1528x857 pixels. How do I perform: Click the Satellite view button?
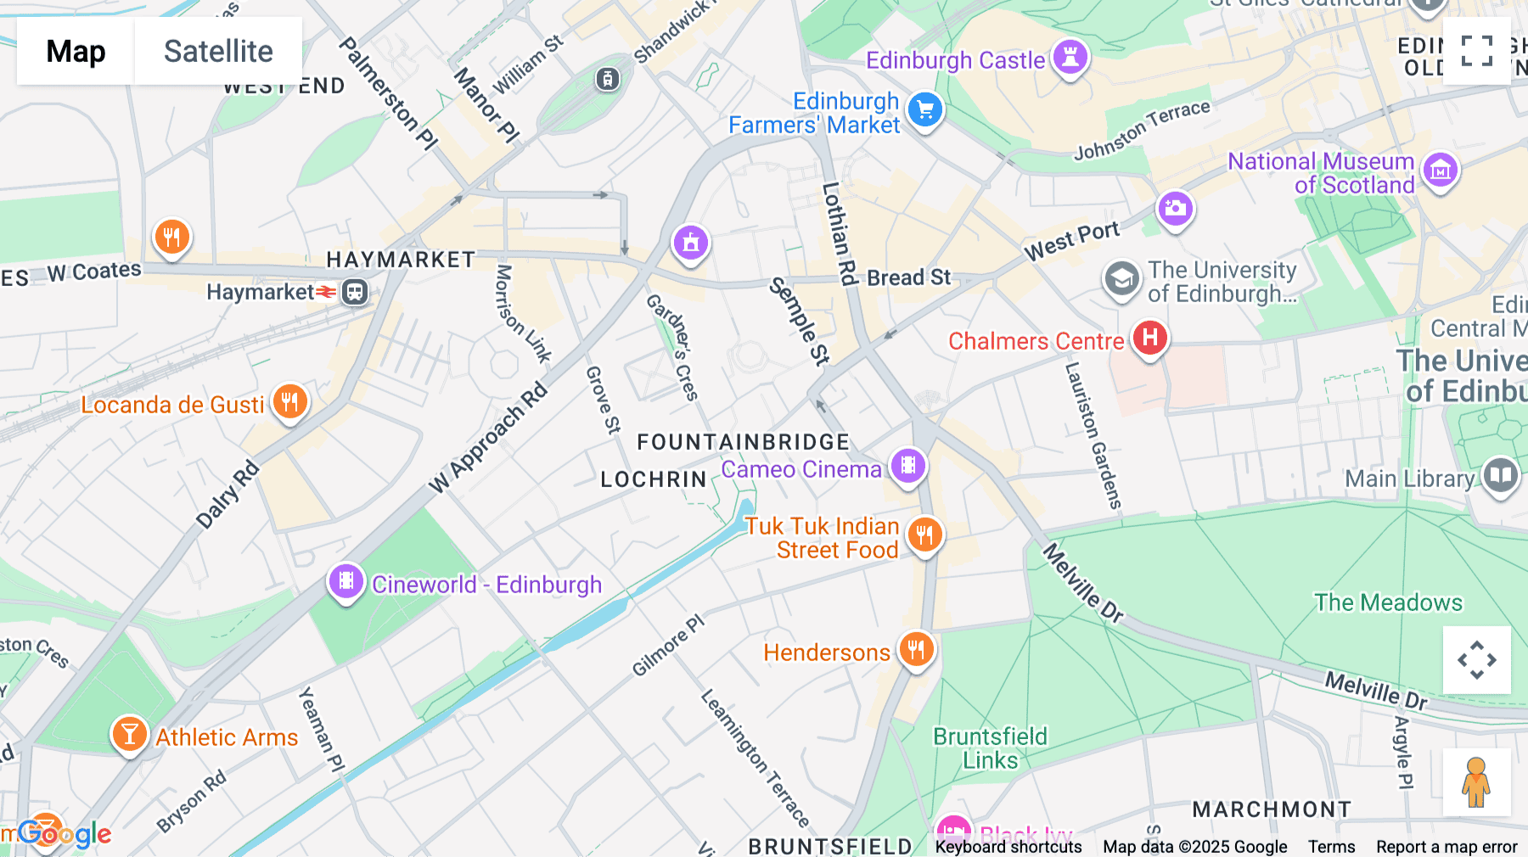click(218, 51)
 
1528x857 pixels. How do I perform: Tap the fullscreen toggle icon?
click(1476, 51)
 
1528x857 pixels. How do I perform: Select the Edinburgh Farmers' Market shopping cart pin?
click(925, 110)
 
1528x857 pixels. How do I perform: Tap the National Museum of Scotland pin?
click(1440, 171)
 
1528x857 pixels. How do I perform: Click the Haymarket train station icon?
click(355, 293)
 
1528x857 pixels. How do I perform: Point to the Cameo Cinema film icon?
click(908, 466)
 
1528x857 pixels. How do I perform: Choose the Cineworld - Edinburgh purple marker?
click(346, 581)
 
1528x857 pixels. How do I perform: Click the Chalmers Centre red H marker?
click(1149, 338)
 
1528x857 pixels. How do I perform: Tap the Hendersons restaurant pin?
click(916, 651)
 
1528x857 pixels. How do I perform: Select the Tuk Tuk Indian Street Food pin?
click(924, 535)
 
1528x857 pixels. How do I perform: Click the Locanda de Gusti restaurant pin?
click(289, 402)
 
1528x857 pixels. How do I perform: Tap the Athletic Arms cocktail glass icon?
click(129, 734)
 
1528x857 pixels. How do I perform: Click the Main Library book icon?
click(1500, 476)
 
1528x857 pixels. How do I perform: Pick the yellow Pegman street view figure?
click(1476, 782)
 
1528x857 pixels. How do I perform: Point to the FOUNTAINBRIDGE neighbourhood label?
click(743, 442)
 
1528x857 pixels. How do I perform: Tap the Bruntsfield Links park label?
click(990, 748)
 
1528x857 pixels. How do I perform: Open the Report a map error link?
click(1447, 847)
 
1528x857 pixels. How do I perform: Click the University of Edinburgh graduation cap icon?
click(1121, 279)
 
